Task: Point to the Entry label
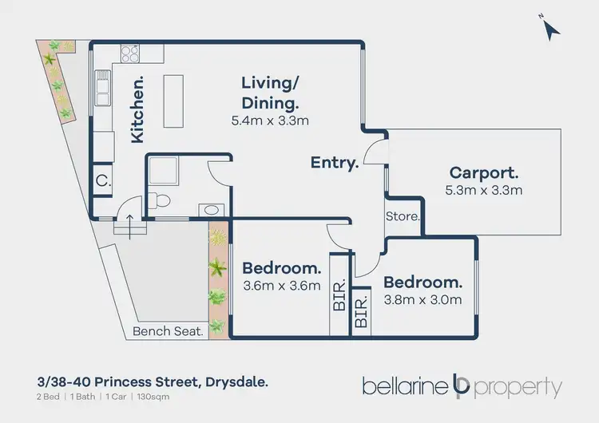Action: pyautogui.click(x=335, y=163)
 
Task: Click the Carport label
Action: pyautogui.click(x=484, y=172)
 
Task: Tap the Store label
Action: pyautogui.click(x=402, y=216)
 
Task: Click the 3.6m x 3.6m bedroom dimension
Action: pyautogui.click(x=281, y=286)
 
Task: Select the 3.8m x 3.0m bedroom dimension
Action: pyautogui.click(x=422, y=300)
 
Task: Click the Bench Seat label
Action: pyautogui.click(x=168, y=330)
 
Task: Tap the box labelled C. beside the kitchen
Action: pyautogui.click(x=102, y=180)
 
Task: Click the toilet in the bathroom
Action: pyautogui.click(x=160, y=200)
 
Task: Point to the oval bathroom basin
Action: pyautogui.click(x=211, y=210)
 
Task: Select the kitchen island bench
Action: pyautogui.click(x=175, y=100)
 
